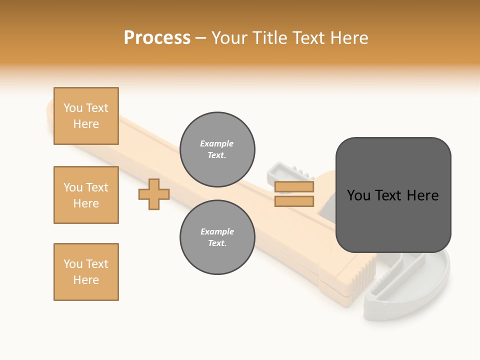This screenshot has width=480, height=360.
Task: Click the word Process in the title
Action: click(157, 38)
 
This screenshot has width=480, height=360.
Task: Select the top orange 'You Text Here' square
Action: click(86, 116)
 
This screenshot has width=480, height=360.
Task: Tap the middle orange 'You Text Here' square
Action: click(86, 195)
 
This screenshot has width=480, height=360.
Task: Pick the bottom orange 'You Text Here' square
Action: click(86, 272)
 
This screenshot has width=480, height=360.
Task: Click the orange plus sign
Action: click(154, 194)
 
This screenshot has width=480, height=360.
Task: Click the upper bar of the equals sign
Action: click(294, 187)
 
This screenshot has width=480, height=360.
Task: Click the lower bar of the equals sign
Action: click(294, 201)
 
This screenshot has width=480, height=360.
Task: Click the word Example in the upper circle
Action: click(217, 143)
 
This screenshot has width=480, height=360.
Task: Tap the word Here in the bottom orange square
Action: click(86, 280)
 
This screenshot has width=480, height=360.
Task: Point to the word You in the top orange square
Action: click(73, 108)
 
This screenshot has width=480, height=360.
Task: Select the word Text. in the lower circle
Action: click(217, 243)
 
